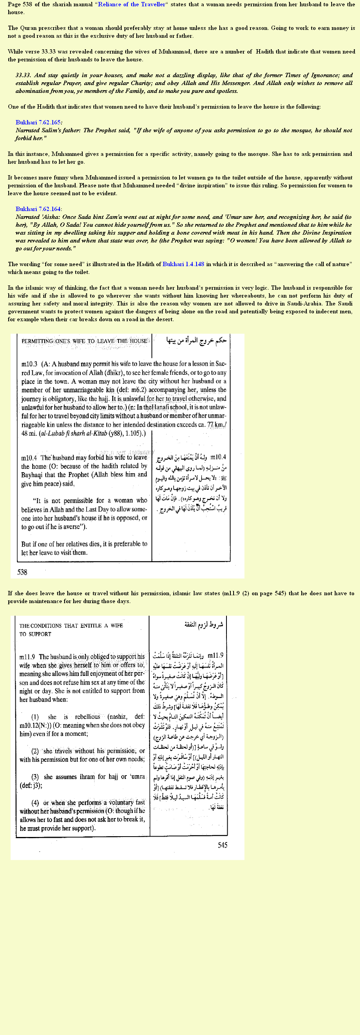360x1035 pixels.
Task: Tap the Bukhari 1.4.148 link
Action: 183,264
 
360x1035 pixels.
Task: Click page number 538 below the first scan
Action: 22,572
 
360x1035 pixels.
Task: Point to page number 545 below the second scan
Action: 223,845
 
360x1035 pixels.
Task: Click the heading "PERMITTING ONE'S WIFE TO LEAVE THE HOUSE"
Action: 84,341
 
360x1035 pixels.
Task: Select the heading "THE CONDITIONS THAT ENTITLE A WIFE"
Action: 71,626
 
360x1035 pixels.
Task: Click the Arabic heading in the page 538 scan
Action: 197,341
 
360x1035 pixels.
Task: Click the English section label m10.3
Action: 29,364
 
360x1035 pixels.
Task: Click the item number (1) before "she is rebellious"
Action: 35,717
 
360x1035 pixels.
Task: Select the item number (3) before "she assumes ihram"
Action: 35,777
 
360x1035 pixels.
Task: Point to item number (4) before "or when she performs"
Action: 35,802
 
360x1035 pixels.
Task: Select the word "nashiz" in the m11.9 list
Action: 117,717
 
